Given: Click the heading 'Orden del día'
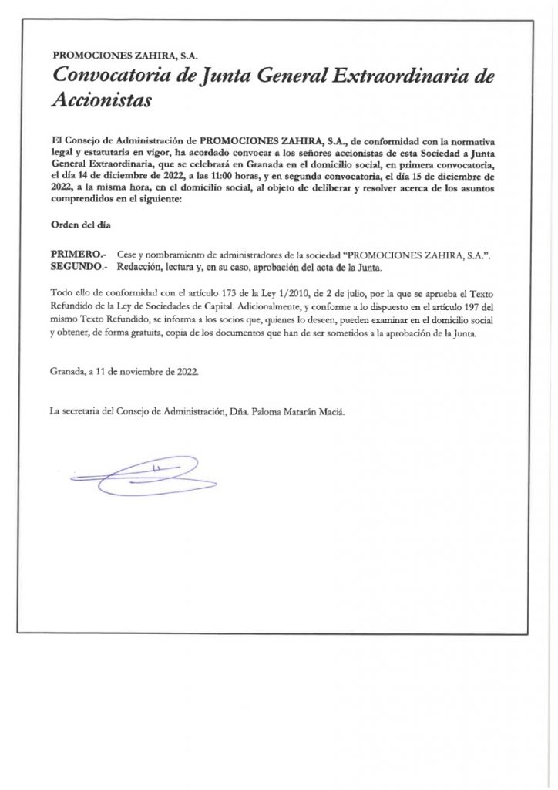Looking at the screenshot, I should (x=81, y=225).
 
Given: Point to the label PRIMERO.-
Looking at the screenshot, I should (x=77, y=255).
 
